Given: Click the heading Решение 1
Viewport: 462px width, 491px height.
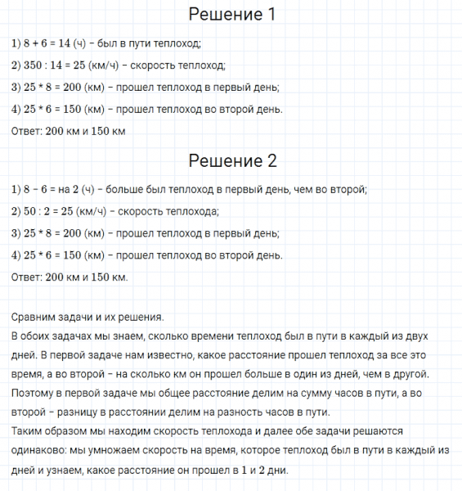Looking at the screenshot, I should [231, 16].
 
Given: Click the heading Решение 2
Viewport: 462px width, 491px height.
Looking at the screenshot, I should [231, 161].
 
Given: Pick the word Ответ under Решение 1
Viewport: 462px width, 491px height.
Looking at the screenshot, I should [27, 131].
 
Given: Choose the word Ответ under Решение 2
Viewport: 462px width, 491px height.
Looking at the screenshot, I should [27, 277].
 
